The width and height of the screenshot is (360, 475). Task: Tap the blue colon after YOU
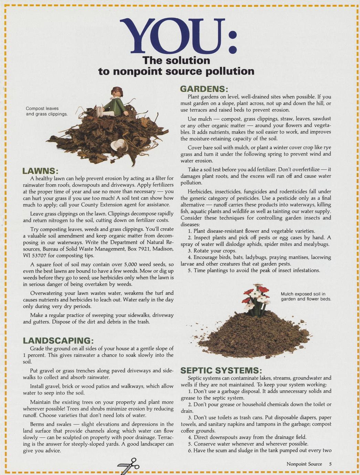click(x=233, y=42)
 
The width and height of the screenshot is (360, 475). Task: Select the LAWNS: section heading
click(x=40, y=171)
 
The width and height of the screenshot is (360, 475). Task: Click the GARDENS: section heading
click(x=204, y=89)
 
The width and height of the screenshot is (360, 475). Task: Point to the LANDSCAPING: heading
click(x=58, y=340)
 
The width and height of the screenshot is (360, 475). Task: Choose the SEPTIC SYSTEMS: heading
click(x=221, y=370)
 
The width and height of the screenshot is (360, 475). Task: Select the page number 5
click(x=330, y=464)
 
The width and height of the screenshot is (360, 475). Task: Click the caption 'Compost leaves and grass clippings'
click(x=46, y=111)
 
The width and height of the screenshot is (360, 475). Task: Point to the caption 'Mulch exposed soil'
click(x=306, y=296)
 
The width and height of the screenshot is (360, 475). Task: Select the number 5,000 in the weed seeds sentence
click(x=131, y=264)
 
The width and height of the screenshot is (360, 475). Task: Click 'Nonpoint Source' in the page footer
click(x=304, y=464)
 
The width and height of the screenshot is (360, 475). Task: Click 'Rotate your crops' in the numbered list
click(x=215, y=251)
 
